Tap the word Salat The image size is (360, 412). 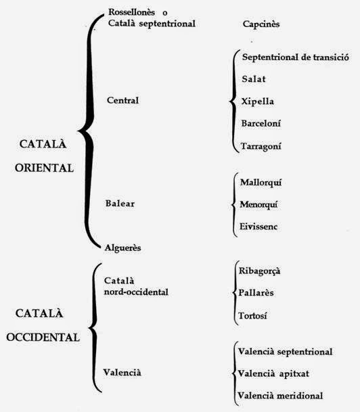coord(254,78)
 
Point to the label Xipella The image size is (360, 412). coord(258,101)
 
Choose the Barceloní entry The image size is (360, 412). coord(261,123)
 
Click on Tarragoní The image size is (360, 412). coord(261,145)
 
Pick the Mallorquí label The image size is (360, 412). coord(262,182)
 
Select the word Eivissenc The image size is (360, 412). coord(260,226)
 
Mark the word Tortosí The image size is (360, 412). coord(254,315)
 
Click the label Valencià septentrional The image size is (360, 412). coord(285,351)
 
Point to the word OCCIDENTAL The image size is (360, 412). coord(47,336)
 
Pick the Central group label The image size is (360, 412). coord(122,101)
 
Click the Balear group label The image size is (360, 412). coord(120,204)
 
